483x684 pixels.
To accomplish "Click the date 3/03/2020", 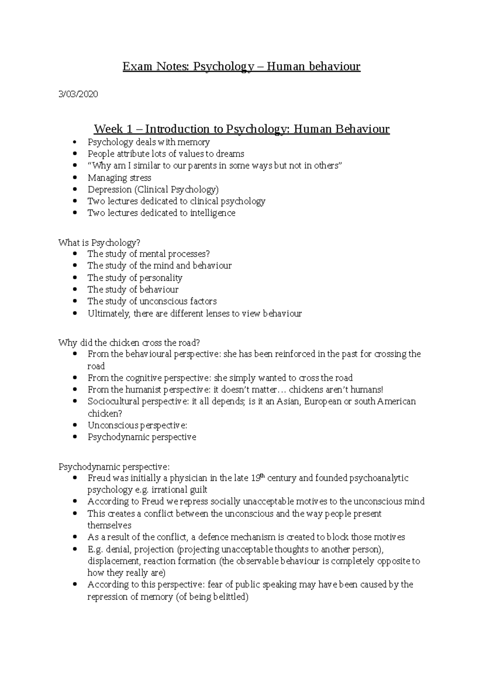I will click(x=78, y=94).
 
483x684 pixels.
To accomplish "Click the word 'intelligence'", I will click(x=213, y=213).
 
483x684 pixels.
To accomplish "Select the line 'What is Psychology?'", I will click(x=99, y=243).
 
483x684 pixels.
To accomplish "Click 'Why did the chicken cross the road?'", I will click(x=129, y=343).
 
